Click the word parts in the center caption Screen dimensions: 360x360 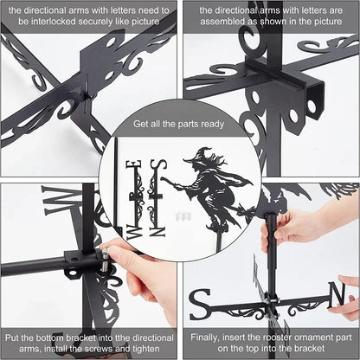point(188,125)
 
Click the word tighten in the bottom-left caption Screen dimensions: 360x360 point(146,349)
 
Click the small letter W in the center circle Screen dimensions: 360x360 point(133,232)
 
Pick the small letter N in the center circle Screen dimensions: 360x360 point(157,232)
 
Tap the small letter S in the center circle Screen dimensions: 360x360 point(158,165)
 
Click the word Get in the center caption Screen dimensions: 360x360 point(140,124)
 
